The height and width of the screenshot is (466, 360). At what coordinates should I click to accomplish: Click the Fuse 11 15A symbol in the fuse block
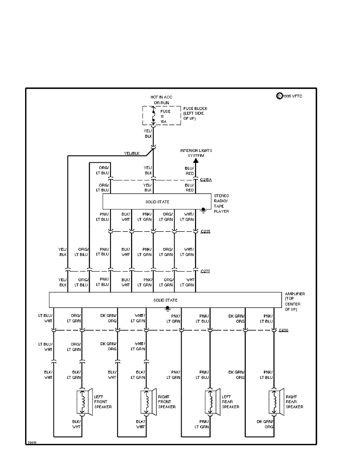click(x=153, y=116)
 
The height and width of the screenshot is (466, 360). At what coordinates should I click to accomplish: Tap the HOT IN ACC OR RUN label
click(x=161, y=100)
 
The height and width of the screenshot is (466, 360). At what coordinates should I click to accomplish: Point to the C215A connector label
click(x=206, y=180)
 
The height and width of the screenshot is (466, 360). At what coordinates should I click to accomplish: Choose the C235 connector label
click(x=205, y=231)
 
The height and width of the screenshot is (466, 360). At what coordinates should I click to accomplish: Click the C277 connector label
click(x=205, y=271)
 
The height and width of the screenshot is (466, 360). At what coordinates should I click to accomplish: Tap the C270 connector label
click(x=284, y=330)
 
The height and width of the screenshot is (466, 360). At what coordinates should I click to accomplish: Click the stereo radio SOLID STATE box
click(x=157, y=201)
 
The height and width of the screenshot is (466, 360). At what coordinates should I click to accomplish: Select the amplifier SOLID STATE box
click(x=165, y=300)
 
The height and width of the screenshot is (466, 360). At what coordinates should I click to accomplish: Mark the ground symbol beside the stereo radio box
click(x=203, y=210)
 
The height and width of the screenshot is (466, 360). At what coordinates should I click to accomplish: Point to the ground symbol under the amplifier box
click(x=168, y=309)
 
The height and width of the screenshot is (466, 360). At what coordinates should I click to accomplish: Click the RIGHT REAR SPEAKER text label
click(x=294, y=402)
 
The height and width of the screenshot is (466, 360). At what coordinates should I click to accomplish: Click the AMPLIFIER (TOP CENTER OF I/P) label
click(x=295, y=301)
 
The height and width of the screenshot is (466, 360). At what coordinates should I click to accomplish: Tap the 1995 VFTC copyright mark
click(x=291, y=96)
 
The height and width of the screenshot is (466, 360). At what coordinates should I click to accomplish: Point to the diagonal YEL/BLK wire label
click(x=132, y=153)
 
